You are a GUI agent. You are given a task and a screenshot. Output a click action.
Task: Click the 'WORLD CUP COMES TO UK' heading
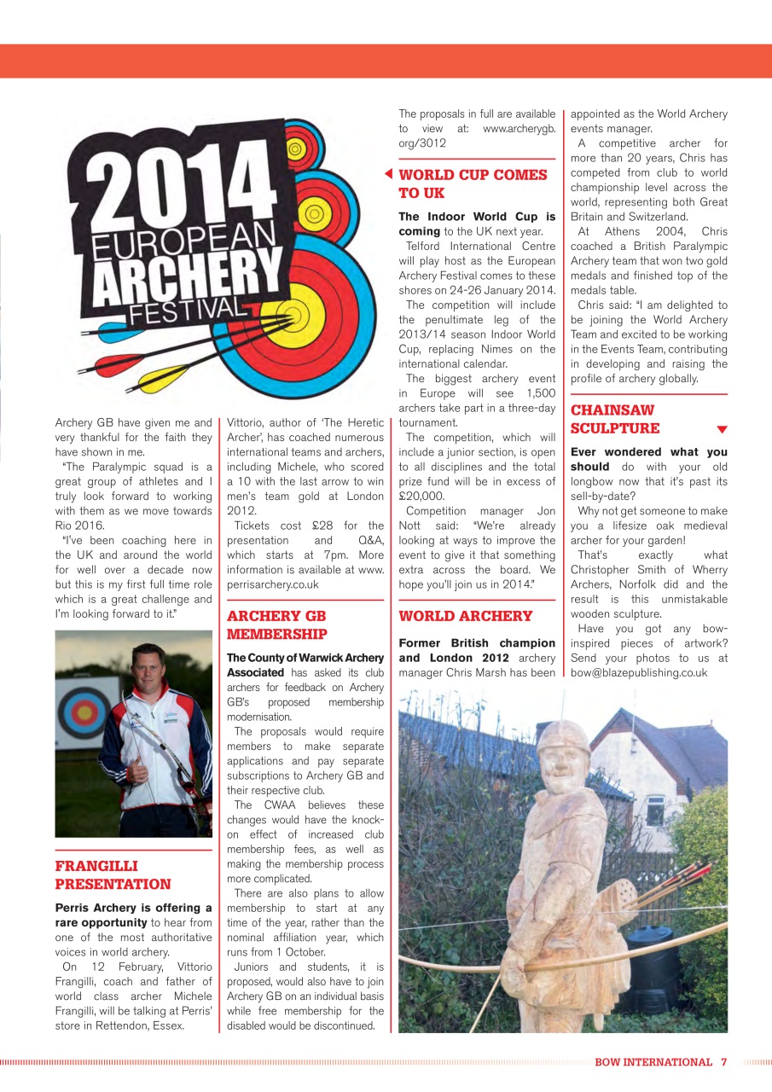point(473,183)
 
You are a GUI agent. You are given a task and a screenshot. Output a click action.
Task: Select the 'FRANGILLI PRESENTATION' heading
point(113,875)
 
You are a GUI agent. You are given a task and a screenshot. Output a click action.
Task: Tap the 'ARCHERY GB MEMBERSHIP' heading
point(276,624)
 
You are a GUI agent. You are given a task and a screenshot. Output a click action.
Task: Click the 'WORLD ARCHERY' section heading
point(465,616)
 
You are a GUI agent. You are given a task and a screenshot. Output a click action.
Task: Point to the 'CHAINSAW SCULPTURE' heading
point(614,420)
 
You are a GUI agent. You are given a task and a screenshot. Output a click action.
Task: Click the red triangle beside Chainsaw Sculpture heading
point(722,429)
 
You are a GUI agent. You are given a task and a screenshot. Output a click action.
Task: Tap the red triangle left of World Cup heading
point(388,174)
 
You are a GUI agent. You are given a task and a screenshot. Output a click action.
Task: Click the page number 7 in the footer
point(723,1062)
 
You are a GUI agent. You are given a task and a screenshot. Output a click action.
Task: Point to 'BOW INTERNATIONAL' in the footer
point(653,1062)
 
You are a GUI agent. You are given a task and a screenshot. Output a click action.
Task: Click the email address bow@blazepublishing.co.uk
point(639,673)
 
